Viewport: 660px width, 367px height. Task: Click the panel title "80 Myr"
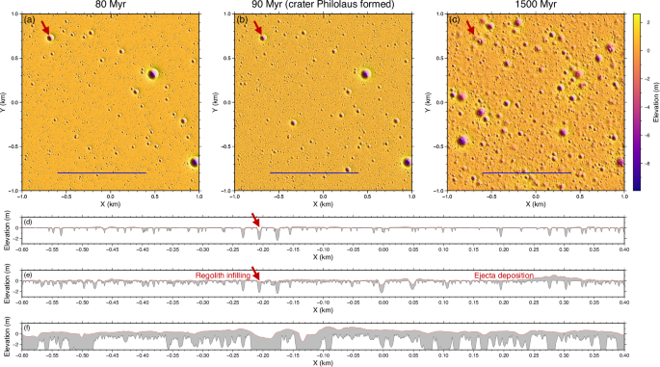coord(110,6)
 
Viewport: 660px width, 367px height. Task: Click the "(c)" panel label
coord(455,20)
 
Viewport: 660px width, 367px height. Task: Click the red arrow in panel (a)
coord(43,30)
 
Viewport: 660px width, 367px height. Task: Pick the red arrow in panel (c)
coord(469,30)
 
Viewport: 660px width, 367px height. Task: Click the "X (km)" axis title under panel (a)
coord(110,205)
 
